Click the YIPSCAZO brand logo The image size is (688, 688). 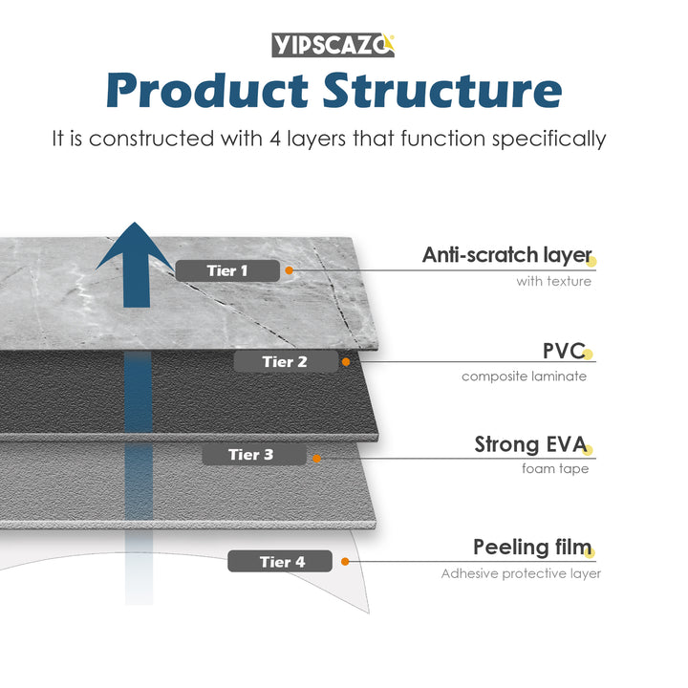point(333,45)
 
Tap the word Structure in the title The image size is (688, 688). point(441,91)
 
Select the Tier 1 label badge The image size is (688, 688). point(227,270)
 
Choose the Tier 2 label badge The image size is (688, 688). point(285,361)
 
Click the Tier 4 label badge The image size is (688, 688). point(279,562)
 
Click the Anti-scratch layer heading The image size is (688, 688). point(506,255)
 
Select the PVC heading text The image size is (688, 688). point(563,351)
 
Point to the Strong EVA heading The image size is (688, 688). point(531,444)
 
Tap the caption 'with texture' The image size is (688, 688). point(553,281)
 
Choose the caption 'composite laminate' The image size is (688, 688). point(524,376)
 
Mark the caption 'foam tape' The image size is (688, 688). point(554,468)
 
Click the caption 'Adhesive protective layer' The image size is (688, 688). point(521,573)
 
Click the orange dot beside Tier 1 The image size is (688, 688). point(289,271)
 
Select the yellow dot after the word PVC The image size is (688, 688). point(589,355)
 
